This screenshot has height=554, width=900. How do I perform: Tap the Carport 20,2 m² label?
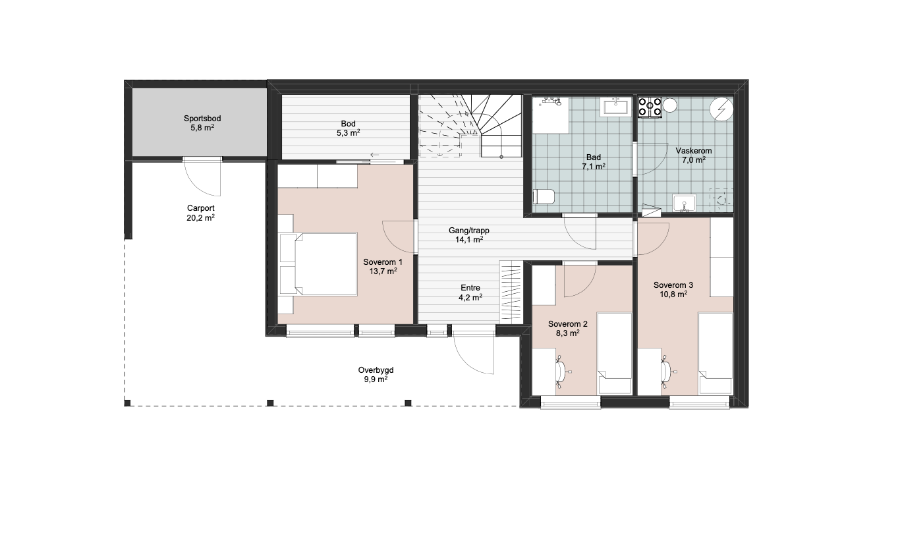[x=200, y=213]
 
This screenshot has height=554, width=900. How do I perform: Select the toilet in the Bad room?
[x=544, y=197]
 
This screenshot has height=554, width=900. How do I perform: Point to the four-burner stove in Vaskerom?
[x=650, y=107]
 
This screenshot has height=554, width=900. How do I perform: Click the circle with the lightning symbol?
[x=721, y=109]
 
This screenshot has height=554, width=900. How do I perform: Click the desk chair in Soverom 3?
[x=667, y=372]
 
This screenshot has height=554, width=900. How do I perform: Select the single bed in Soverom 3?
[x=715, y=354]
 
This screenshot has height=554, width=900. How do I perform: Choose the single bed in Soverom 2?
[x=614, y=354]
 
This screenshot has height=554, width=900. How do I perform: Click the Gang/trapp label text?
[x=469, y=231]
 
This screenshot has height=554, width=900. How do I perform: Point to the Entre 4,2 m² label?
[x=470, y=292]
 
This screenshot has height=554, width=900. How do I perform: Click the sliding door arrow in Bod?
[x=374, y=155]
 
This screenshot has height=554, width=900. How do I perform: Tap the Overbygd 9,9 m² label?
[x=376, y=374]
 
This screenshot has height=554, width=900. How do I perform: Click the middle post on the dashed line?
[x=270, y=402]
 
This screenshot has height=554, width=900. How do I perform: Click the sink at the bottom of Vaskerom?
[x=684, y=203]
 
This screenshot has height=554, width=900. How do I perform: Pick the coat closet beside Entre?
[x=511, y=292]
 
